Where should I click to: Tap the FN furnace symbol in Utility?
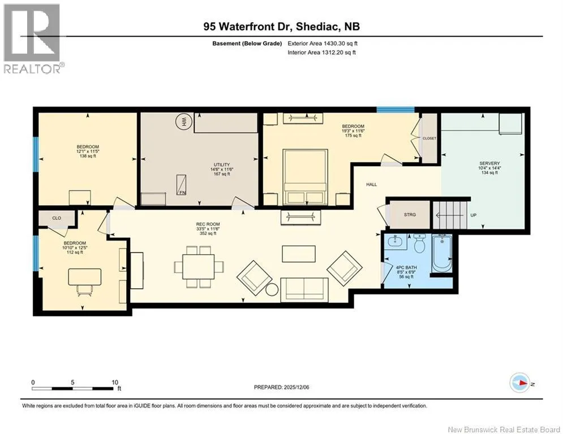point(181,185)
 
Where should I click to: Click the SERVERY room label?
point(489,163)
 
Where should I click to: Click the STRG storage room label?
point(410,215)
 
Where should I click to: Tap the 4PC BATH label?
point(406,267)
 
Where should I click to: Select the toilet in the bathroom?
point(419,244)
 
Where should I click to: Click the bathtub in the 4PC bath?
point(442,253)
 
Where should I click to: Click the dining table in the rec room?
point(198,267)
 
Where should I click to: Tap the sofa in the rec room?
point(304,289)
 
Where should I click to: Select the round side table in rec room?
point(272,289)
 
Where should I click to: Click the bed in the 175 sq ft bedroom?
point(305,177)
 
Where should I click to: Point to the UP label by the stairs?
point(473,215)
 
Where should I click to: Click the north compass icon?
point(519,383)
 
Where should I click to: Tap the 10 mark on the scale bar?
point(114,383)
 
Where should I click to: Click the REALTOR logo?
point(32,38)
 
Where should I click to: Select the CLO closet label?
point(57,218)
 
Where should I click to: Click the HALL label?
point(372,184)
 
